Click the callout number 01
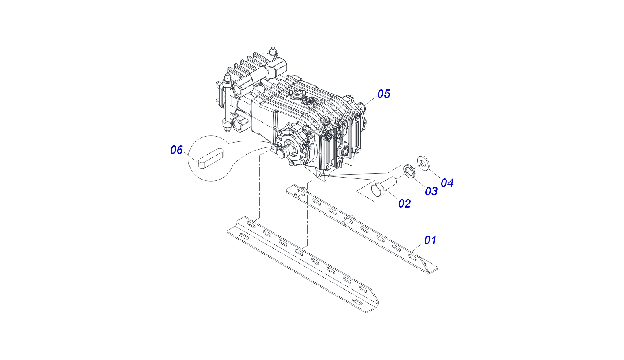(x=430, y=240)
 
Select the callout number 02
(x=405, y=204)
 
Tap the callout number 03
(x=431, y=191)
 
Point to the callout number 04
(x=447, y=183)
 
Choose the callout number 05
(x=384, y=94)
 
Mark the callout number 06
(x=177, y=150)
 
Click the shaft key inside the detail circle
(x=210, y=159)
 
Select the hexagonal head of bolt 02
(x=378, y=190)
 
